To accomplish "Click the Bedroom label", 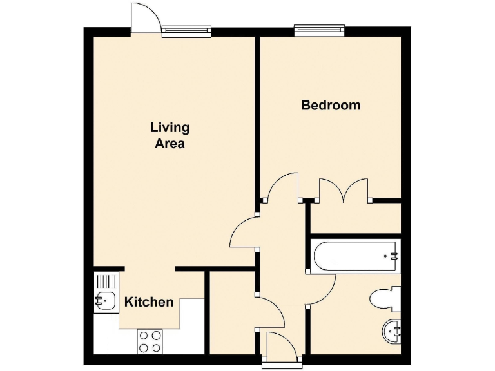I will (331, 105).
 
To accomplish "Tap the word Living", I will (170, 127).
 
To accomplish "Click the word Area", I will (170, 144).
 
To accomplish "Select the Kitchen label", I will (149, 302).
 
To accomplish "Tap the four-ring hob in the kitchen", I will (150, 340).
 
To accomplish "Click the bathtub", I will (354, 256).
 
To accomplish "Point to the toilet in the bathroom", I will (385, 298).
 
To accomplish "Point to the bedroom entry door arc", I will (284, 185).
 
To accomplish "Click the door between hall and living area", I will (244, 233).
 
